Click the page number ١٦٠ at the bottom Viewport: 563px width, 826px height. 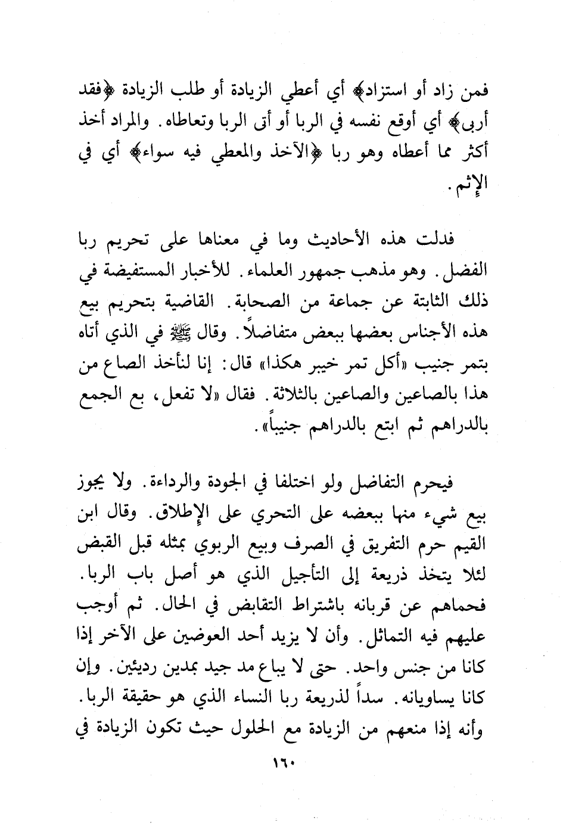(x=282, y=763)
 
